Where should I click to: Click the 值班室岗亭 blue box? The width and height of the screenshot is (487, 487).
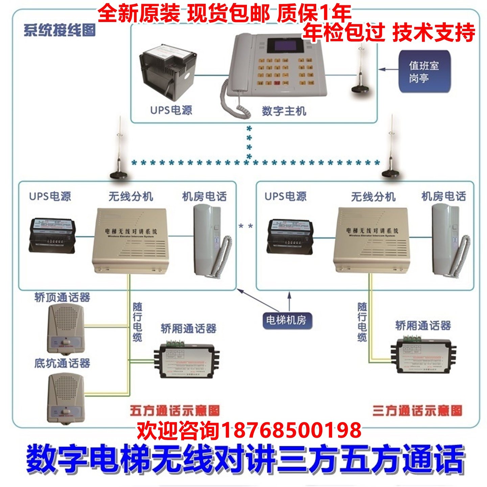(424, 71)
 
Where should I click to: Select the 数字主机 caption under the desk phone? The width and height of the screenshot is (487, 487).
(284, 111)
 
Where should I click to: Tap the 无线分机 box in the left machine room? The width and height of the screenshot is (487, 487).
(130, 240)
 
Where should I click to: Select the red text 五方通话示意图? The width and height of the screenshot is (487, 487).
(175, 411)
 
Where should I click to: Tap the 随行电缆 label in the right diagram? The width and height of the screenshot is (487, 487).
(362, 322)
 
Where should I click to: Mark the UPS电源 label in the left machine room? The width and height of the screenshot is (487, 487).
(50, 196)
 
